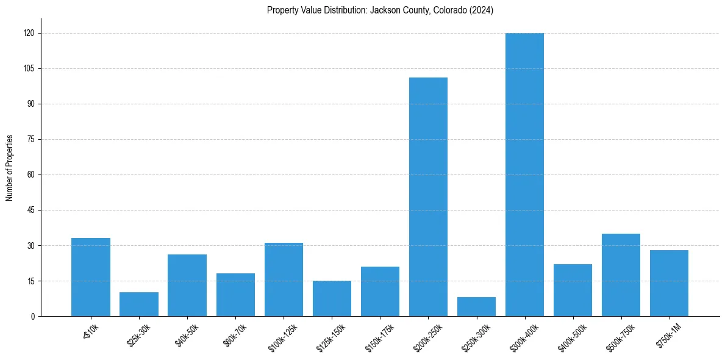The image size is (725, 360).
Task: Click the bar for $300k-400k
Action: click(525, 175)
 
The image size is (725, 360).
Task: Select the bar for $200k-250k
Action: click(428, 196)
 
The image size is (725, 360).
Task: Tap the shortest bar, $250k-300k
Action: click(476, 306)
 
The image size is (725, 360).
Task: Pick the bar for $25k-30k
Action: click(139, 304)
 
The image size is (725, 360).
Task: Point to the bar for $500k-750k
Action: click(621, 275)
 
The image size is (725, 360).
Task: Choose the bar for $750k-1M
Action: click(670, 283)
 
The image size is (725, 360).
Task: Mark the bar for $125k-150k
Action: click(332, 298)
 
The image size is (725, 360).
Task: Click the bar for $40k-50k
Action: click(187, 285)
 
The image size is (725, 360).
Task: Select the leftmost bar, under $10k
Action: click(91, 277)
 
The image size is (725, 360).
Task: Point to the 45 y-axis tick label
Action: click(31, 210)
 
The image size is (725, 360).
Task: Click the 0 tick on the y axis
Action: click(33, 316)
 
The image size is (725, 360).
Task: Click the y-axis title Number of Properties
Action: click(10, 168)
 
